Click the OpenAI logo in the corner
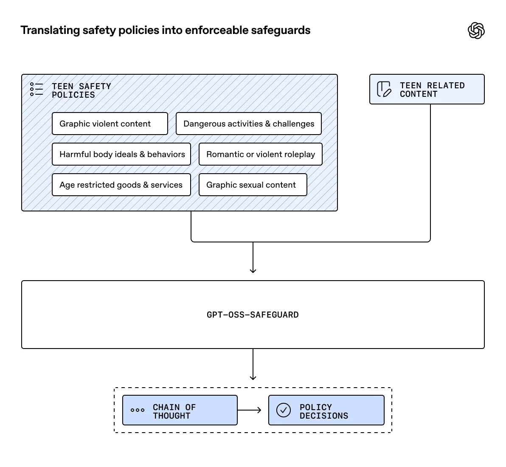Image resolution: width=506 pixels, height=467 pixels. tap(476, 31)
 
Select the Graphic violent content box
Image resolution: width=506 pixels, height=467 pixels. tap(110, 124)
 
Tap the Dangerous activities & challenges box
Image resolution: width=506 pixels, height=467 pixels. tap(248, 124)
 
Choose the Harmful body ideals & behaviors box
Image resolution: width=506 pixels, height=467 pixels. tap(121, 154)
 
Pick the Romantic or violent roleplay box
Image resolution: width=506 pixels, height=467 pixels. tap(260, 154)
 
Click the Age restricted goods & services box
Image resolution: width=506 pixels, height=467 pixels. tap(121, 185)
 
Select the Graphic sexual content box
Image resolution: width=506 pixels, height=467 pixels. tap(253, 185)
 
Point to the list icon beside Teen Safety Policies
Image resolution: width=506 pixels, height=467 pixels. tap(37, 89)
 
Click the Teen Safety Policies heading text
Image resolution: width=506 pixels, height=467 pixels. tap(82, 90)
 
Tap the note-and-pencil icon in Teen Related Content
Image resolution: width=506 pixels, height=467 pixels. tap(384, 89)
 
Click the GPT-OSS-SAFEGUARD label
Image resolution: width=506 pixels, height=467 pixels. tap(253, 315)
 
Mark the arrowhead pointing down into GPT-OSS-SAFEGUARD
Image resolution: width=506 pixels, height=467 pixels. tap(253, 270)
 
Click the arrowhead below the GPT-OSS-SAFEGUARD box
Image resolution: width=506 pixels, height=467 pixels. tap(253, 377)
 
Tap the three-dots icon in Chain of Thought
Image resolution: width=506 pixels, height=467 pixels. tap(138, 410)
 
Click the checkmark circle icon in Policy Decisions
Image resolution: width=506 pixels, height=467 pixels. tap(284, 410)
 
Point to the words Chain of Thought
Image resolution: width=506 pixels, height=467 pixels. tap(174, 411)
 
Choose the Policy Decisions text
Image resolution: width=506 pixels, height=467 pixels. tap(323, 411)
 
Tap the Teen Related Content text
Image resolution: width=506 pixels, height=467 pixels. tap(432, 90)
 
